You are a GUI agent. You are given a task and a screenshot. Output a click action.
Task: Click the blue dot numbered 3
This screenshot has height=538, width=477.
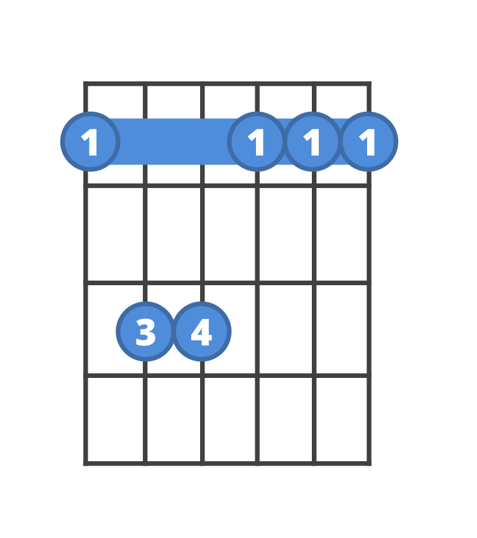(x=145, y=332)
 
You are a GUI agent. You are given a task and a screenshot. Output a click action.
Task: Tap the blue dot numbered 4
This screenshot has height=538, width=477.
(x=201, y=332)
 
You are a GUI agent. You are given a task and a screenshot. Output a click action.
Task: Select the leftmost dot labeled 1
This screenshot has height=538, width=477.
(x=90, y=142)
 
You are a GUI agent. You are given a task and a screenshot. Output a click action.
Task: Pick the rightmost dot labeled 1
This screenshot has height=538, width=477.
(x=368, y=142)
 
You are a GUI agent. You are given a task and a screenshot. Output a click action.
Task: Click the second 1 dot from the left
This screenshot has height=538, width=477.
(x=257, y=142)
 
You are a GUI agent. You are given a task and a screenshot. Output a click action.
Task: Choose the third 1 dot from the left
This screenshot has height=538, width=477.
(x=312, y=142)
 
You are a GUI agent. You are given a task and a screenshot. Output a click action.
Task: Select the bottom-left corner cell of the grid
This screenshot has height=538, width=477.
(x=116, y=419)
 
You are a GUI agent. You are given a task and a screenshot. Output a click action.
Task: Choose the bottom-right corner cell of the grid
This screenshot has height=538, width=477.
(x=341, y=419)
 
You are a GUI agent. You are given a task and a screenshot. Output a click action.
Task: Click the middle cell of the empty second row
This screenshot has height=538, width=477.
(x=229, y=234)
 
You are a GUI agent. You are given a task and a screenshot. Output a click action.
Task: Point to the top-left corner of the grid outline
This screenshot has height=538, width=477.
(x=86, y=84)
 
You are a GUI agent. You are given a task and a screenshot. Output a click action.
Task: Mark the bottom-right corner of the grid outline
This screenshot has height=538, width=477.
(x=368, y=463)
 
